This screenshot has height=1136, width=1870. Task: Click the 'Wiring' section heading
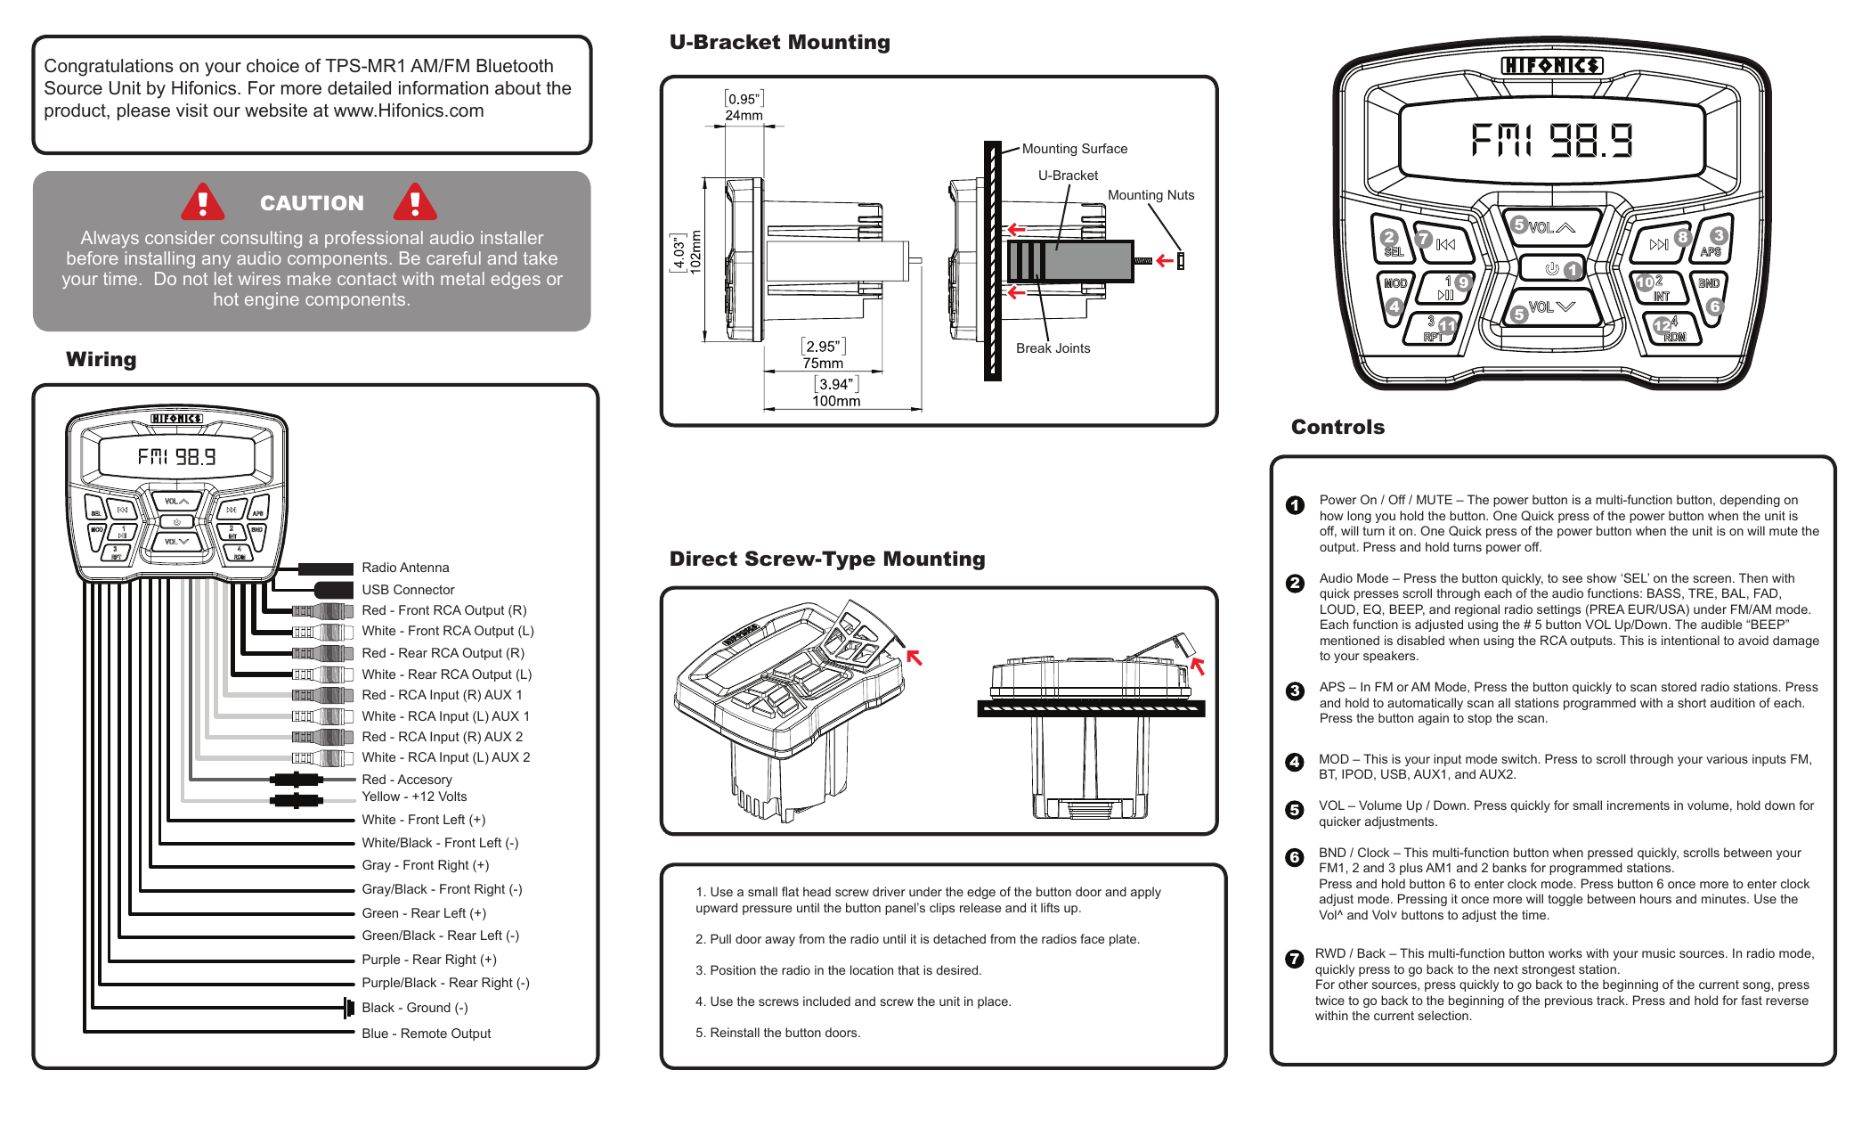(x=102, y=359)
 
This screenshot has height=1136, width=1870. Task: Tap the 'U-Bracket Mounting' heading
(x=779, y=42)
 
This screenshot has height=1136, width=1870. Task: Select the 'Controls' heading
(x=1337, y=427)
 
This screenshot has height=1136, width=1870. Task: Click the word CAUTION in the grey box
(x=312, y=203)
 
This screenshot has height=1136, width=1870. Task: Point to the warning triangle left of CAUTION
(x=203, y=202)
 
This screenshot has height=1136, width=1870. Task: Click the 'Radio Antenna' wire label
(x=405, y=568)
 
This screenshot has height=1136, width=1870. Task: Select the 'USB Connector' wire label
(x=408, y=590)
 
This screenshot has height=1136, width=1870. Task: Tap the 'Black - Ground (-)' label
(x=414, y=1008)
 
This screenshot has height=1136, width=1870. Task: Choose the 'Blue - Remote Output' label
(x=426, y=1034)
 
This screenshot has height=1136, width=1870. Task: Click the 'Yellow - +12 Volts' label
(x=414, y=797)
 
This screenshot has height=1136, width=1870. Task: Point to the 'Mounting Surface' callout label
(x=1074, y=149)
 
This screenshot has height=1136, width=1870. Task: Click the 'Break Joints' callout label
(x=1053, y=348)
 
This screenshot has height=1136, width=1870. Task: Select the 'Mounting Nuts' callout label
(x=1150, y=195)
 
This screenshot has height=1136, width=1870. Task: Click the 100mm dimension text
(x=835, y=401)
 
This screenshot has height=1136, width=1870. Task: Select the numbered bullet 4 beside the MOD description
(x=1295, y=762)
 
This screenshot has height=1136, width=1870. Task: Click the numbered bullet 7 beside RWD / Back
(x=1295, y=959)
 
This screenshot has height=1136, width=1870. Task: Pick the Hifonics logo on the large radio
(x=1551, y=66)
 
